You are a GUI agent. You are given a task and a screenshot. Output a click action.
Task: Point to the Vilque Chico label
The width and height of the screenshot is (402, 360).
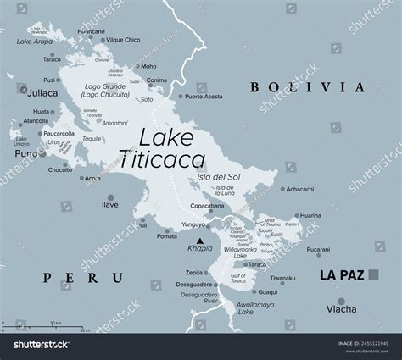122,40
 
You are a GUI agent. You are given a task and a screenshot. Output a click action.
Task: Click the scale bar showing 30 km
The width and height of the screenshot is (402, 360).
42,328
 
